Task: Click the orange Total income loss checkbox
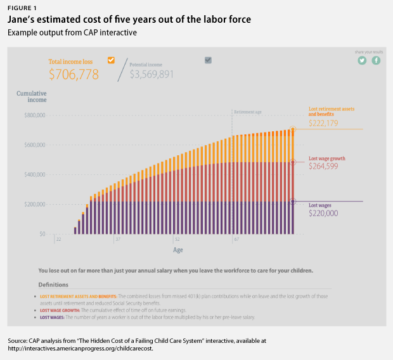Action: coord(111,60)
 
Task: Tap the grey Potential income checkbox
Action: coord(209,60)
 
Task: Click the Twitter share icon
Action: coord(362,60)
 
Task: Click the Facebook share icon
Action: coord(376,60)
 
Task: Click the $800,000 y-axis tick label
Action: coord(35,116)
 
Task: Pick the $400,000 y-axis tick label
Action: coord(35,175)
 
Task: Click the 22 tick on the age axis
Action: coord(58,240)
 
